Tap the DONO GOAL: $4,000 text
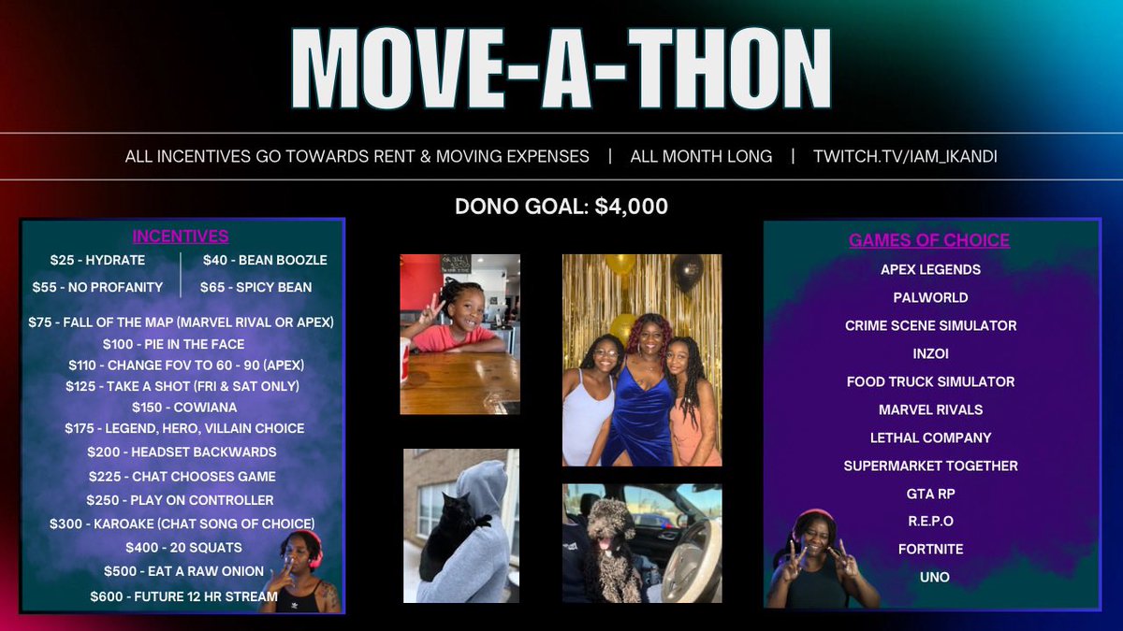point(561,207)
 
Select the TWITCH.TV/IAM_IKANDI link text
point(905,156)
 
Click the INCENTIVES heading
point(181,237)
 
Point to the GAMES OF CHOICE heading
point(929,240)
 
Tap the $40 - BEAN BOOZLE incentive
point(265,260)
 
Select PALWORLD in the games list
point(930,297)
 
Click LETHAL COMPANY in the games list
point(930,437)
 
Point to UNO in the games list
point(934,577)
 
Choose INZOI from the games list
point(930,353)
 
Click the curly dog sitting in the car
point(613,552)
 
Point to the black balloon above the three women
point(688,272)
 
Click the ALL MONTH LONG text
point(701,156)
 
